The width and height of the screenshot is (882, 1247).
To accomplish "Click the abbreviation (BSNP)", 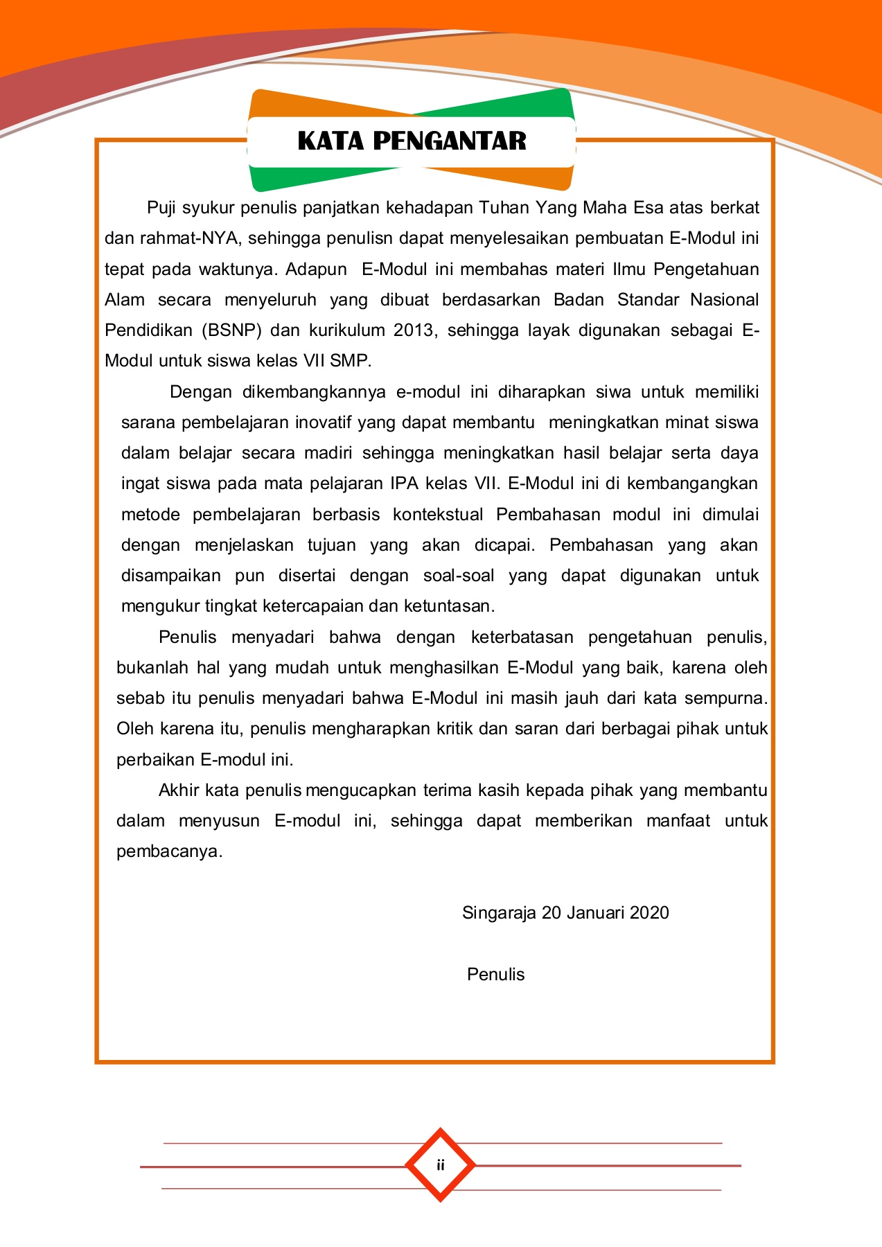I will [x=231, y=330].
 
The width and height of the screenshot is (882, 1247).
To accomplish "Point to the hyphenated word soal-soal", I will [x=459, y=576].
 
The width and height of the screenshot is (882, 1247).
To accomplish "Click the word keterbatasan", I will [x=522, y=637].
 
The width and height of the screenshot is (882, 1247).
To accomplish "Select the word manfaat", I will [x=678, y=821].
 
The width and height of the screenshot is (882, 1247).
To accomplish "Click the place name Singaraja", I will [x=499, y=913].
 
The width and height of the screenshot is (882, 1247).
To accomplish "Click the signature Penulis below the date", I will [x=495, y=975].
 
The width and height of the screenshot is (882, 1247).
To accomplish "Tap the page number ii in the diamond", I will [x=440, y=1165].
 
